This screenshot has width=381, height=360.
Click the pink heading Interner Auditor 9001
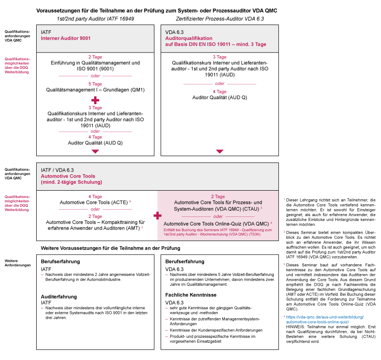coord(66,39)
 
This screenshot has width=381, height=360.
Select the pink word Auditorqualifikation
coord(190,39)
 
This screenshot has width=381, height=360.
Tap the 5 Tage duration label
coord(95,84)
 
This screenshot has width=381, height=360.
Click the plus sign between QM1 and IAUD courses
coord(95,99)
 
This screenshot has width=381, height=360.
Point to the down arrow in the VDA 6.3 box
coord(220,152)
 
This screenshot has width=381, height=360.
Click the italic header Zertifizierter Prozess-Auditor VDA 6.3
coord(219,19)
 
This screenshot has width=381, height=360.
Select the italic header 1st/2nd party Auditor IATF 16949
coord(95,19)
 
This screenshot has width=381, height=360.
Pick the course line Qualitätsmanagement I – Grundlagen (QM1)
coord(95,90)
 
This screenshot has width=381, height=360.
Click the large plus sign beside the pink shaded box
coord(157,216)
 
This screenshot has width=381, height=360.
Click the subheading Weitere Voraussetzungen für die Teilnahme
coord(110,248)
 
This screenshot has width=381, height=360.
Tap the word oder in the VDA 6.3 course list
coord(220,84)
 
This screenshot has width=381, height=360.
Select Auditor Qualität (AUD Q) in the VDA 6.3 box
coord(220,97)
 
